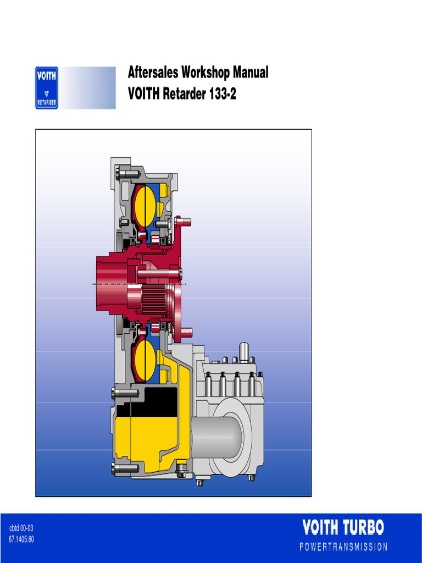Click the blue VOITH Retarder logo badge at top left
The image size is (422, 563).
(47, 88)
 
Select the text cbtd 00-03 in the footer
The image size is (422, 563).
(22, 528)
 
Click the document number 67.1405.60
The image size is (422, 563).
(22, 539)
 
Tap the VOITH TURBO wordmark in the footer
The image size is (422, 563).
(343, 528)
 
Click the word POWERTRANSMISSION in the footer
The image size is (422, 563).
(343, 547)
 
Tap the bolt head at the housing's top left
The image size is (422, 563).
(122, 174)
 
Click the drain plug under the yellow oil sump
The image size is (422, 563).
(181, 471)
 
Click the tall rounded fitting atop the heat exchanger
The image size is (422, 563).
(244, 351)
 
